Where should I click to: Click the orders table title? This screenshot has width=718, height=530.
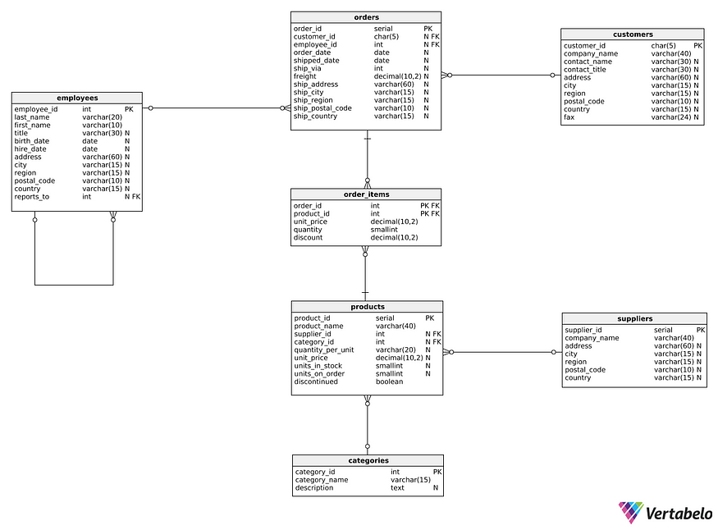coord(366,16)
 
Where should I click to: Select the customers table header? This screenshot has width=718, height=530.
coord(632,34)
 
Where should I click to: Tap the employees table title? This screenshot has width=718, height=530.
coord(77,98)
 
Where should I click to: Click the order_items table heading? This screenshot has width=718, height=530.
coord(366,194)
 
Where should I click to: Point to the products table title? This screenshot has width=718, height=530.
coord(367,307)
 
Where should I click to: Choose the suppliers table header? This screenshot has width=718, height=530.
coord(634,318)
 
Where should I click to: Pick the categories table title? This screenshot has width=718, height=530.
coord(367,460)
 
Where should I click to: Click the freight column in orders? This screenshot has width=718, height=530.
coord(304,76)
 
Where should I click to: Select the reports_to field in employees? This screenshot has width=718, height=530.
coord(32,197)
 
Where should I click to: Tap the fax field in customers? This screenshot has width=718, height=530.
coord(569,117)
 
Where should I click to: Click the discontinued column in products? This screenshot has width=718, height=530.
coord(316,382)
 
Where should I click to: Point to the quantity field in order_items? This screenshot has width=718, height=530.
coord(308,230)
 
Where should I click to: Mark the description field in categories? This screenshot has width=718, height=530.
coord(314,488)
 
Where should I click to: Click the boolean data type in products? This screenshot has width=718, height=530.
coord(390,382)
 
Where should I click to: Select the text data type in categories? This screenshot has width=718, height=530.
coord(397,488)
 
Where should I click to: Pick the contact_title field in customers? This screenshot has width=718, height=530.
coord(586,70)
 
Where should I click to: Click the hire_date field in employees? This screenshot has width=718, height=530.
coord(32,148)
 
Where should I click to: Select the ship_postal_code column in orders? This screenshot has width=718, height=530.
coord(322,108)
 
